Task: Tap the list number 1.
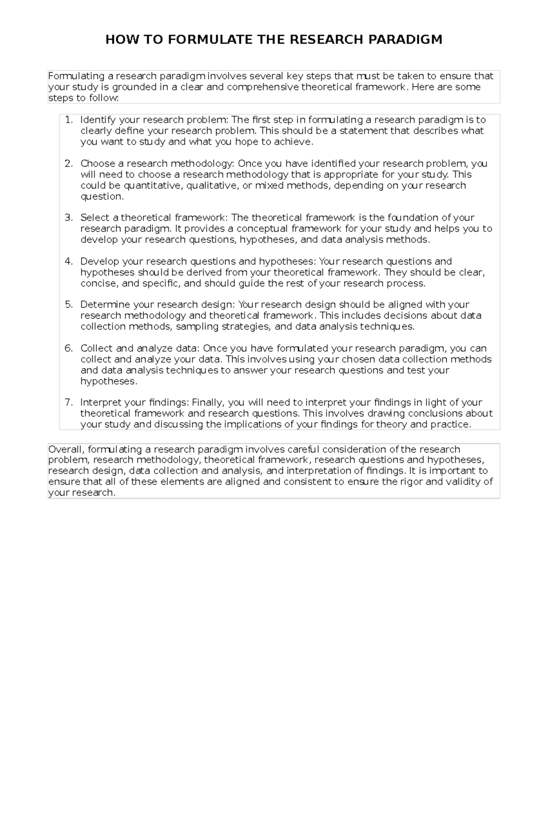(68, 120)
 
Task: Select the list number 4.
(68, 261)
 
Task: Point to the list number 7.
(68, 402)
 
